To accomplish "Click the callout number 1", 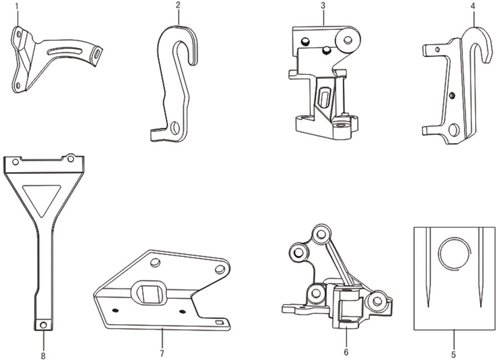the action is click(17, 6).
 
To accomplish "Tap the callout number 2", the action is click(178, 5).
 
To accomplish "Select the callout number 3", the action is click(323, 5).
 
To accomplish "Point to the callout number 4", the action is click(474, 7).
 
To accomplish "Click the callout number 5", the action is click(454, 354).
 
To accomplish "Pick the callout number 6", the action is click(346, 352).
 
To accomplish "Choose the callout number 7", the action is click(162, 353).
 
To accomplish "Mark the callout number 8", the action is click(43, 356).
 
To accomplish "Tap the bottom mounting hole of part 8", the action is click(43, 325).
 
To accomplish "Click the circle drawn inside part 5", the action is click(455, 253).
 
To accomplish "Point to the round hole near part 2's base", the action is click(175, 128).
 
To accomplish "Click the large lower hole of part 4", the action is click(454, 130).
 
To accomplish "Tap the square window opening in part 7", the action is click(148, 293).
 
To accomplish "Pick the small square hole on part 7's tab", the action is click(219, 323).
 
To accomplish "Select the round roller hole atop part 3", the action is click(348, 39).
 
